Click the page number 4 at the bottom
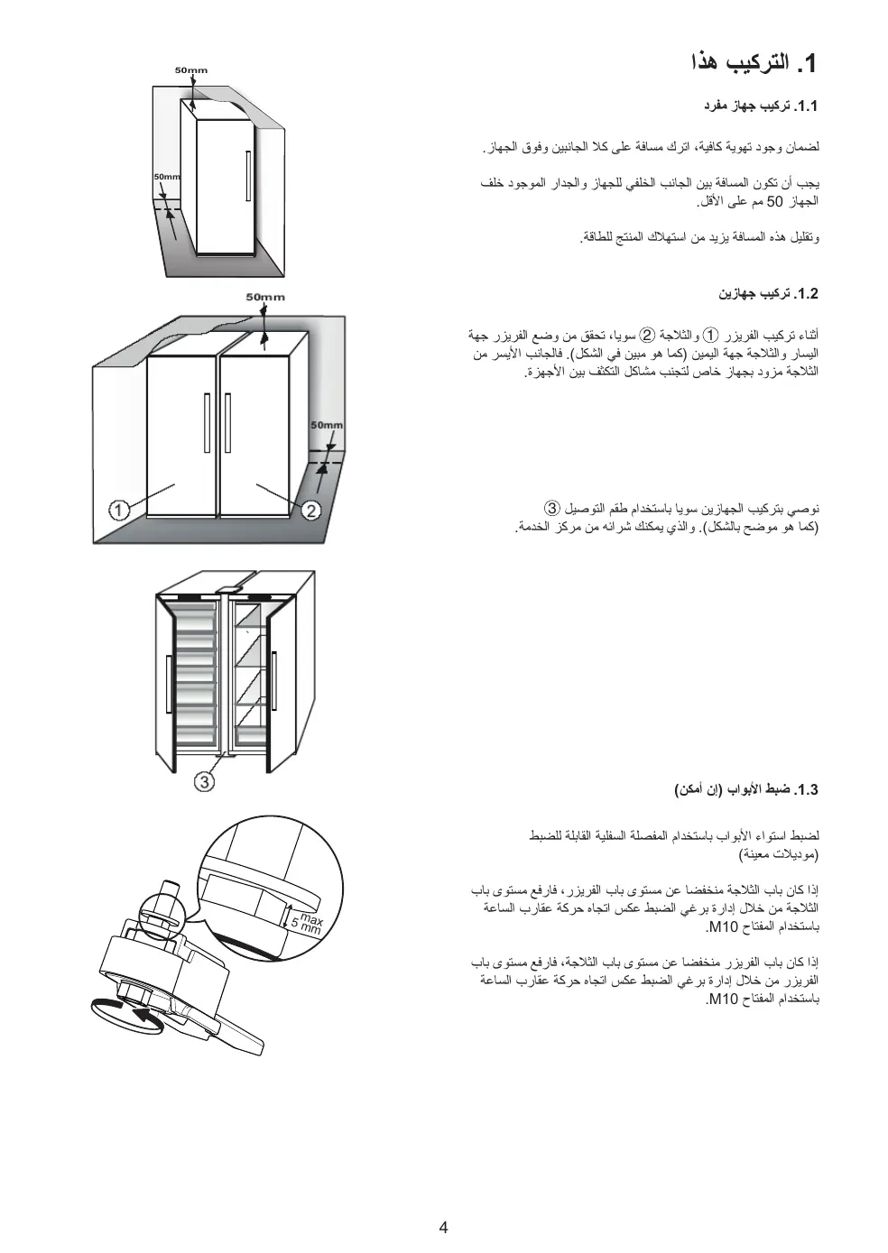(x=443, y=1227)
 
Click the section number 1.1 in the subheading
(x=805, y=106)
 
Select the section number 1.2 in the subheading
(x=805, y=294)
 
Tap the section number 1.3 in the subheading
(x=805, y=790)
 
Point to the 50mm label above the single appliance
(x=190, y=70)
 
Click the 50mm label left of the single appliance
(x=166, y=177)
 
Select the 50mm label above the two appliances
(x=265, y=297)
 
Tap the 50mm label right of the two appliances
(x=327, y=425)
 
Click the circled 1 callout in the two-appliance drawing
(x=117, y=511)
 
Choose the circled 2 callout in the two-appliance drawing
(x=311, y=511)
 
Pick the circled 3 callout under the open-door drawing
(x=206, y=781)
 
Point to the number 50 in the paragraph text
(x=774, y=201)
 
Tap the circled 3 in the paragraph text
(x=552, y=508)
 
